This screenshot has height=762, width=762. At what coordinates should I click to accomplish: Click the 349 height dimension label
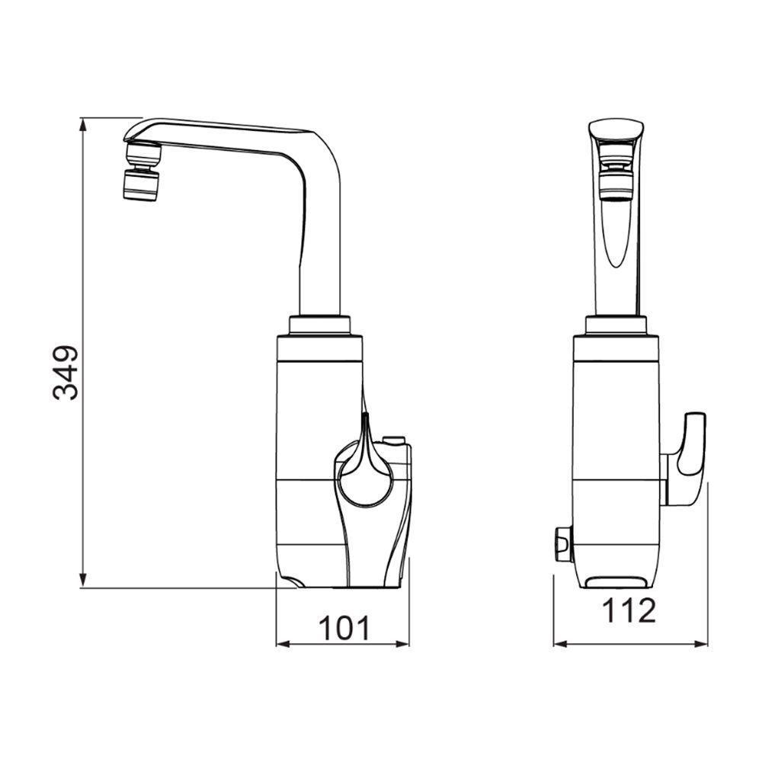(x=66, y=373)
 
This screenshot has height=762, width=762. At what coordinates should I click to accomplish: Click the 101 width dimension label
(x=343, y=628)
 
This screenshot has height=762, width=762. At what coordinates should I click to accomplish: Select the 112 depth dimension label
(x=629, y=610)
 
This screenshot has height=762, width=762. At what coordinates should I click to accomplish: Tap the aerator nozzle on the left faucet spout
(x=140, y=184)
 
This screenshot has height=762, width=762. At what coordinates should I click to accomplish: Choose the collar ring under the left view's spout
(x=319, y=325)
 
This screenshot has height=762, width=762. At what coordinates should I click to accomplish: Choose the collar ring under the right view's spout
(x=616, y=325)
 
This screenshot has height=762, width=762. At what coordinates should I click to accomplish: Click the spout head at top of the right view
(x=616, y=131)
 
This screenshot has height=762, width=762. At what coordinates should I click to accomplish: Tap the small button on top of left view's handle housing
(x=394, y=440)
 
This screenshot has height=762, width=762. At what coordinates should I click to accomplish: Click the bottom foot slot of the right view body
(x=617, y=584)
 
